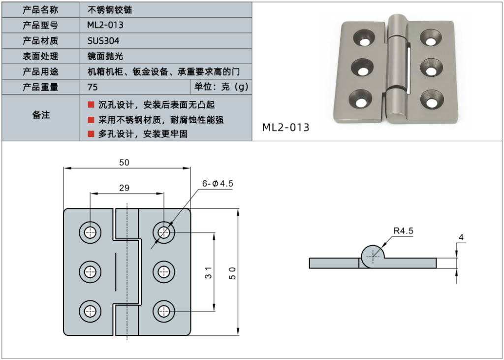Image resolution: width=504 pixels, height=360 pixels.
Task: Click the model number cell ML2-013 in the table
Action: (105, 25)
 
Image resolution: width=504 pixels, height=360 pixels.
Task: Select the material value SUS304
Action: (103, 41)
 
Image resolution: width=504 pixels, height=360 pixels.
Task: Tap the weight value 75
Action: (93, 87)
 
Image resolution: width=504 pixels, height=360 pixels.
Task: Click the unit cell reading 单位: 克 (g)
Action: (221, 87)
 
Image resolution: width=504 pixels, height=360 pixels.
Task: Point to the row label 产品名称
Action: (40, 10)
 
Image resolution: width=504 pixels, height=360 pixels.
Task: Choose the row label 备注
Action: (40, 115)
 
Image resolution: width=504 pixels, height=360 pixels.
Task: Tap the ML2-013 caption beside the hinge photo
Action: (286, 128)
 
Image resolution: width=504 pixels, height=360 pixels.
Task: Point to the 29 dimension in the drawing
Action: (125, 188)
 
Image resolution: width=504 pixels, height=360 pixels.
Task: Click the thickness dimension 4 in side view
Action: (461, 238)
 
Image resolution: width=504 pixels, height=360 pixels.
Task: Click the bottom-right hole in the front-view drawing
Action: (163, 310)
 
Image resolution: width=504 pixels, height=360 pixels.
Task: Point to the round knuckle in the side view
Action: (373, 256)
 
